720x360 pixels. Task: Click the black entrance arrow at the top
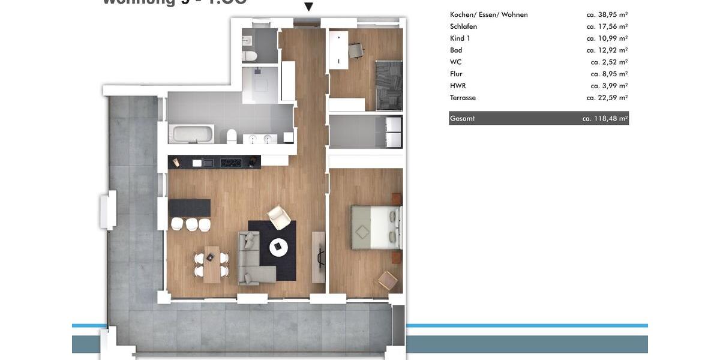tap(308, 7)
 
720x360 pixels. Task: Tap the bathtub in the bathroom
tap(191, 134)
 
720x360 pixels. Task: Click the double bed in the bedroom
tap(376, 227)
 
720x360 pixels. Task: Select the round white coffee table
tap(278, 247)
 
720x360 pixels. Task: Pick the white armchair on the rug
tap(279, 217)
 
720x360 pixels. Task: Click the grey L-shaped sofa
tap(252, 261)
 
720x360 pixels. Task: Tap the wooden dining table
tap(212, 264)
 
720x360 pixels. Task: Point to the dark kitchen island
tap(189, 208)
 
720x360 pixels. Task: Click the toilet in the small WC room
tap(250, 56)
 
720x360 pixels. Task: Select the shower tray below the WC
tap(260, 85)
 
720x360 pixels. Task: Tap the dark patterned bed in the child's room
tap(389, 85)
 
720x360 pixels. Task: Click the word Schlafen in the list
tap(463, 26)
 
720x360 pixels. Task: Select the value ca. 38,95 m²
tap(607, 14)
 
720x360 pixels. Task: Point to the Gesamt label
tap(462, 118)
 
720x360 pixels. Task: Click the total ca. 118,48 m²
tap(604, 118)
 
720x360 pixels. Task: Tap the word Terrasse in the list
tap(463, 98)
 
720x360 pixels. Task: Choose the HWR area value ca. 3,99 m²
tap(608, 86)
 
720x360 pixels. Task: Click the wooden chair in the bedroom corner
tap(388, 279)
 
